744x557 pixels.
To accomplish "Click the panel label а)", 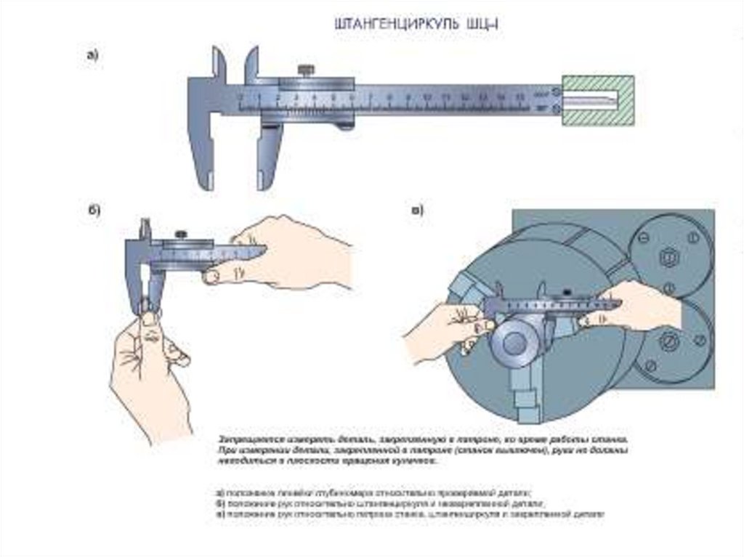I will click(92, 55).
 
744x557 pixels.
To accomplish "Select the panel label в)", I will click(417, 211).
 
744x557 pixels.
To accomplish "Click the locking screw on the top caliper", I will click(307, 71).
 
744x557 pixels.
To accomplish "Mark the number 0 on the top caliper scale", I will click(241, 95).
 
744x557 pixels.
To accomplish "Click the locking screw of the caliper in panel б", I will click(180, 234).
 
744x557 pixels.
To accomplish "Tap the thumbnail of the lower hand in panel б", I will click(150, 318).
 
